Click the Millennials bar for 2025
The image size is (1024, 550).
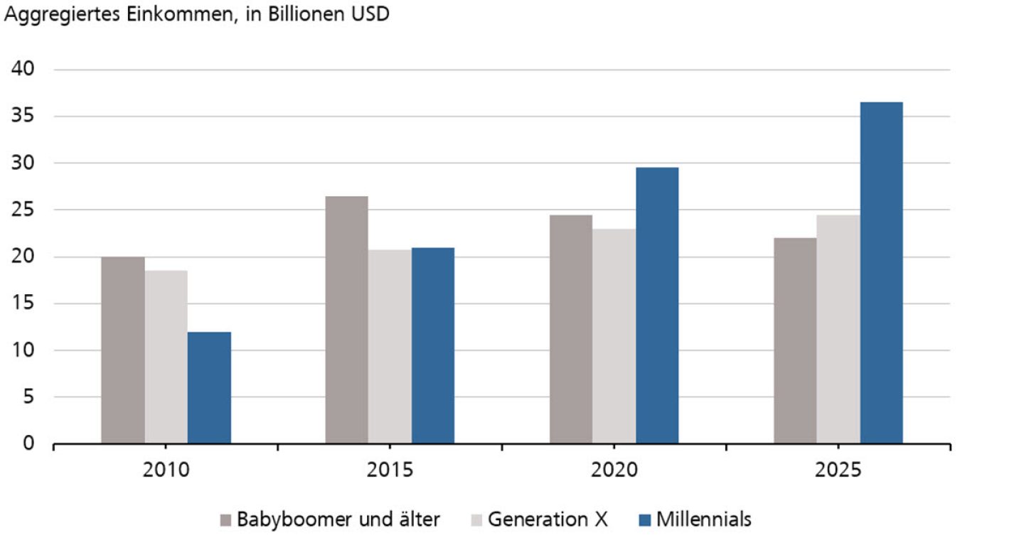(881, 273)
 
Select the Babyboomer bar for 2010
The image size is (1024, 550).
(123, 350)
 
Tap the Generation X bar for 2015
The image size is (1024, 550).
(390, 347)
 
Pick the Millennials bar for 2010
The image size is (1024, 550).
(209, 388)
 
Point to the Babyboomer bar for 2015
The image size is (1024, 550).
(347, 320)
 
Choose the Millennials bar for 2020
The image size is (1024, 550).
(657, 306)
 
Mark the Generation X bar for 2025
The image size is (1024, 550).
(838, 330)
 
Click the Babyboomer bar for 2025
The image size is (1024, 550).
(795, 341)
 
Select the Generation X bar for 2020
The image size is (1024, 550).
(614, 337)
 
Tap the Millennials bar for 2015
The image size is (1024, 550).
(433, 346)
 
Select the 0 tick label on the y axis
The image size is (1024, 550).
(29, 444)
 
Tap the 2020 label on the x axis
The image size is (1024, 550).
(614, 470)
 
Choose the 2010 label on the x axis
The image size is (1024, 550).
(166, 470)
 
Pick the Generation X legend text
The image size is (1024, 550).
(548, 519)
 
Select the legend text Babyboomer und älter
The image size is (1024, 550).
(338, 519)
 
